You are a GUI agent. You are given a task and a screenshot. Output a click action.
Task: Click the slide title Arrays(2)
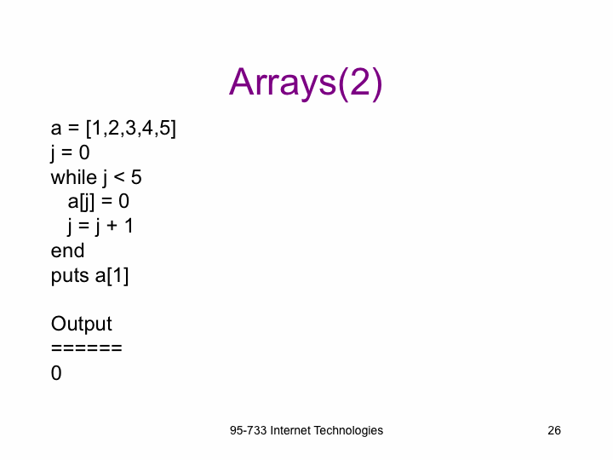coord(306,83)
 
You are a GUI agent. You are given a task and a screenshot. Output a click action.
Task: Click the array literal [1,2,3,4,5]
coord(131,128)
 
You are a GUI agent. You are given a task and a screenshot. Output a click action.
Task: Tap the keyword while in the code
coord(74,177)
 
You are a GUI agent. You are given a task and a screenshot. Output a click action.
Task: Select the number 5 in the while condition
coord(136,177)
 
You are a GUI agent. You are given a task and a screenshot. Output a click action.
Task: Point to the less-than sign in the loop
coord(119,178)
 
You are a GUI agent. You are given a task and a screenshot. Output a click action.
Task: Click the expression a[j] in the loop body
coord(81,202)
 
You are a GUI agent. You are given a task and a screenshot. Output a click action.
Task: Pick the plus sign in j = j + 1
coord(112,226)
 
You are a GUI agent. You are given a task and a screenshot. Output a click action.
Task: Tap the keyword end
coord(67,250)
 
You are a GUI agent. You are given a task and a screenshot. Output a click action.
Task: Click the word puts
coord(70,275)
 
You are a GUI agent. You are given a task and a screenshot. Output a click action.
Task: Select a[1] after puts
coord(112,276)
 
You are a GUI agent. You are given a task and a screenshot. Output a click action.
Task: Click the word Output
coord(82,324)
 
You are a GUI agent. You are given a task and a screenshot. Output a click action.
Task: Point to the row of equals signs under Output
coord(86,348)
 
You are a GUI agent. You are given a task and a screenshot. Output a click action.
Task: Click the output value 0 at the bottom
coord(56,373)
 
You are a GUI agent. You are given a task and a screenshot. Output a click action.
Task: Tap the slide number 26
coord(554,430)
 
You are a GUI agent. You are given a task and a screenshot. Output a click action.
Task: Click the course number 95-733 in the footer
coord(249,430)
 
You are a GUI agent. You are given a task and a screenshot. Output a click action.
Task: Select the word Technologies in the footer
coord(348,431)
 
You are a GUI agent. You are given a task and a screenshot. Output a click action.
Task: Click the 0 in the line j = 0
coord(84,152)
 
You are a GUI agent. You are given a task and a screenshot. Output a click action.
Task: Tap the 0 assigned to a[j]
coord(123,201)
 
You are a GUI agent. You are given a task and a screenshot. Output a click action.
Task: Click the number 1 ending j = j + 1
coord(129,226)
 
